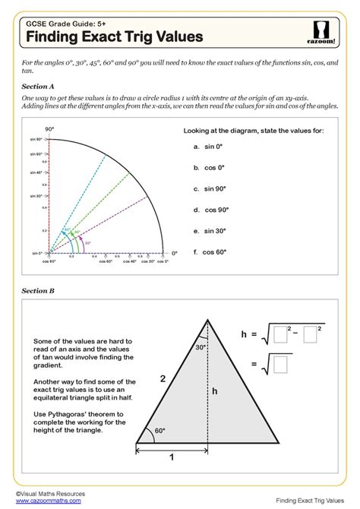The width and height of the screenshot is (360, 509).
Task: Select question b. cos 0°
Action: (x=213, y=167)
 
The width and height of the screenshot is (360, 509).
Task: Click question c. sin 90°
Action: (x=214, y=188)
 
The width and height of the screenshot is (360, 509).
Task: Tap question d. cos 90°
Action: (x=215, y=209)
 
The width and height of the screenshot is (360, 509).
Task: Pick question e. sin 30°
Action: (x=214, y=230)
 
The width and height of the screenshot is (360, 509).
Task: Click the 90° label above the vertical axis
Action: (x=49, y=129)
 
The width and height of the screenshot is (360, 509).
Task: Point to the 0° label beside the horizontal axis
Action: (x=173, y=253)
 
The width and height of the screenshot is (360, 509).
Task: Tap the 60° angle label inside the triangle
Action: (x=159, y=430)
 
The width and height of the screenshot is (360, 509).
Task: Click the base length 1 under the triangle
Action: (x=172, y=457)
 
